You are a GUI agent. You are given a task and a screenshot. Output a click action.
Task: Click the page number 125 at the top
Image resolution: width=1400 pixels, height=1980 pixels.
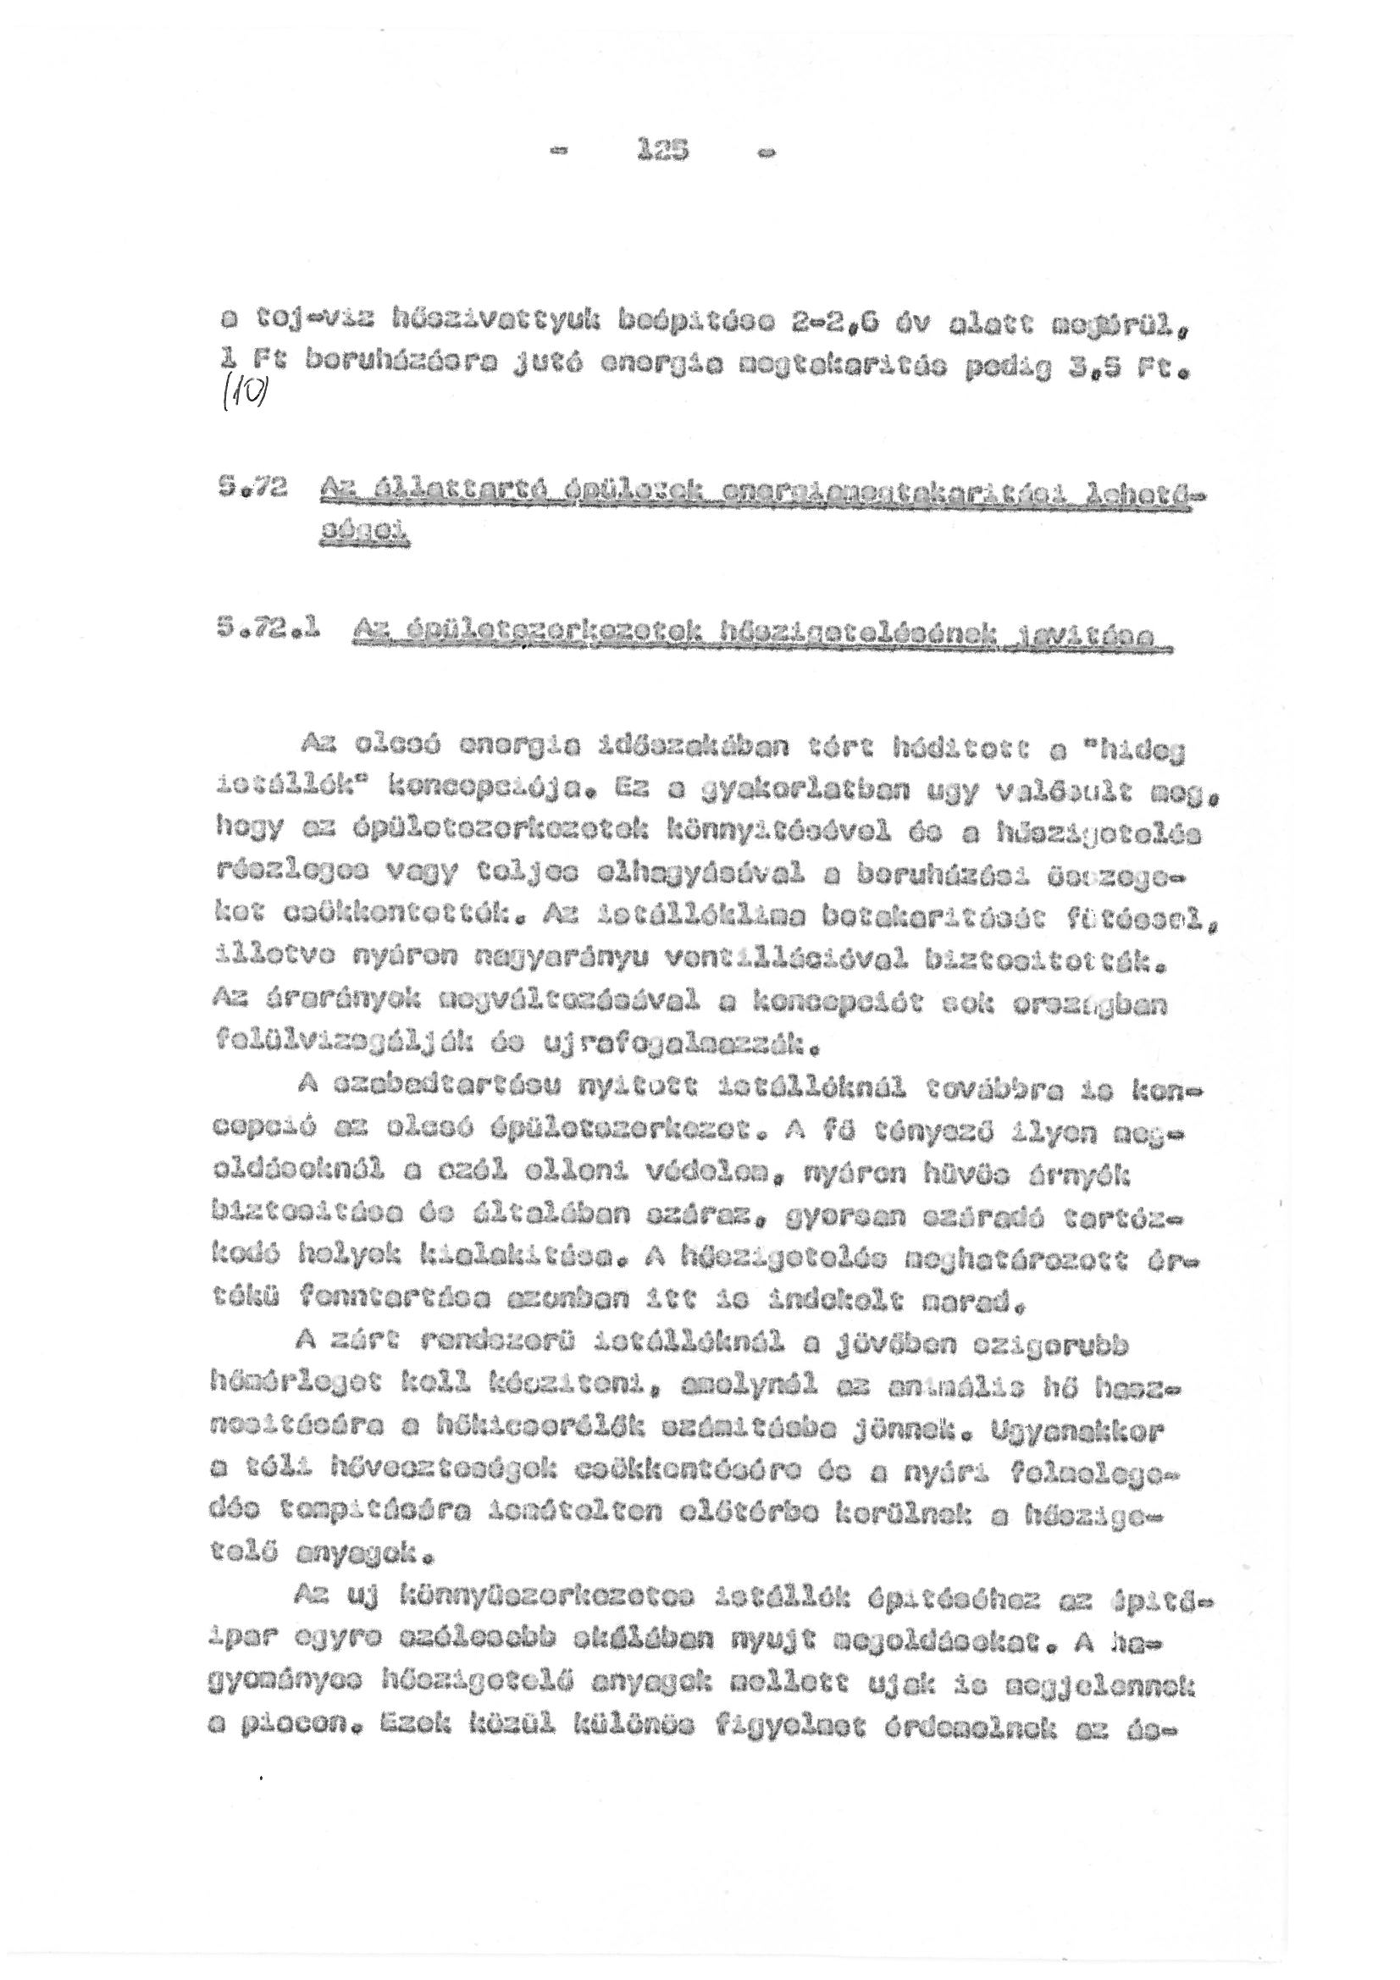click(x=661, y=152)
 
